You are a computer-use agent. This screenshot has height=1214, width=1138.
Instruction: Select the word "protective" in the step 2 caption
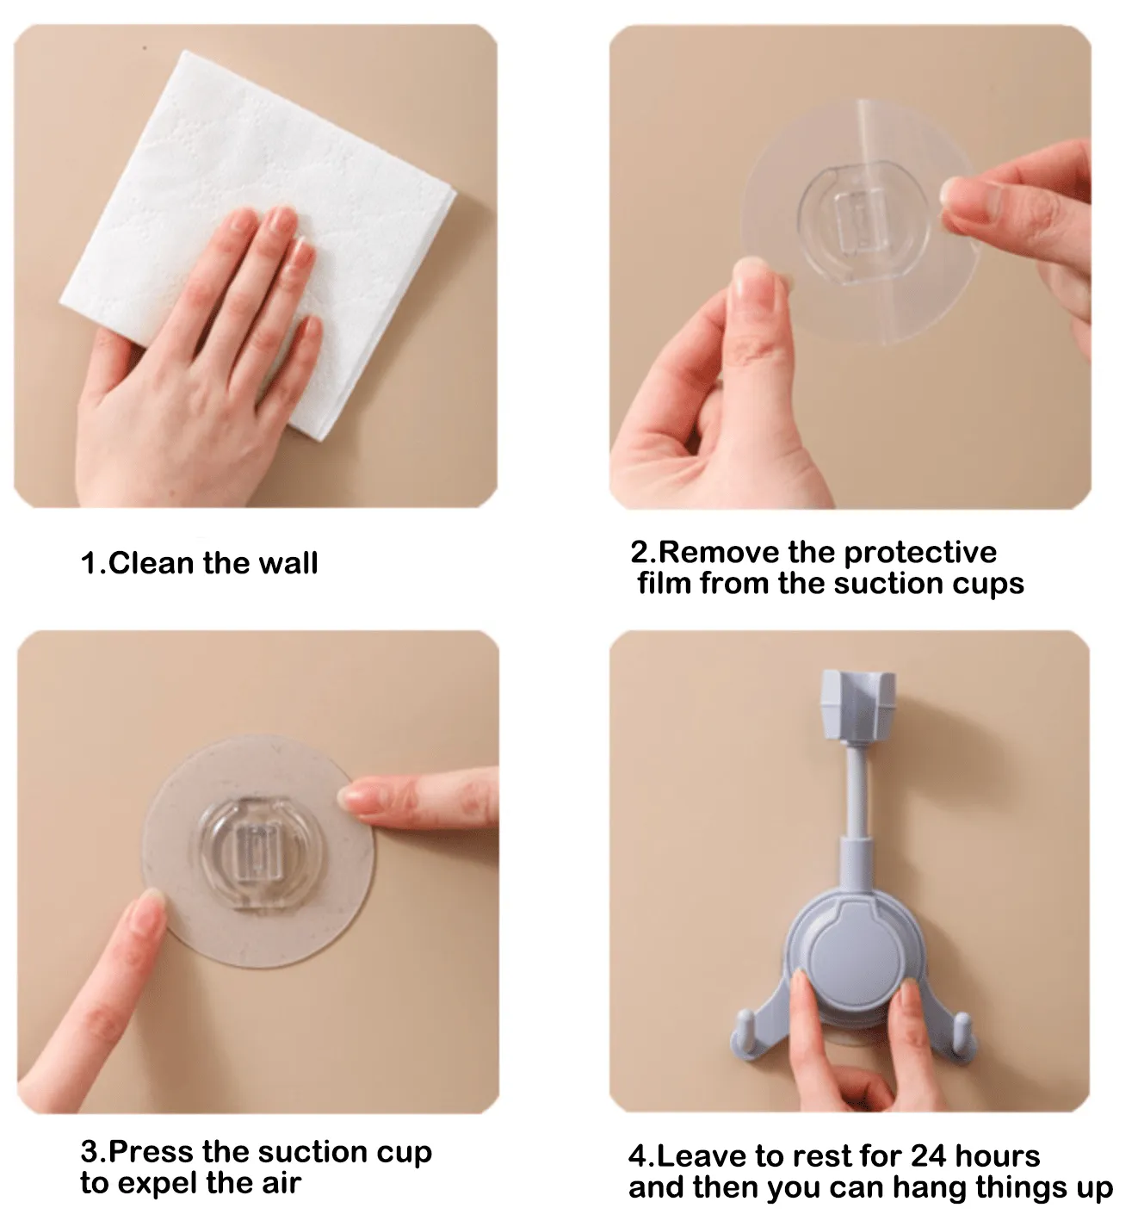tap(920, 554)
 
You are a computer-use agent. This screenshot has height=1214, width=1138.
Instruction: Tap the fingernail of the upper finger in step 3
tap(351, 796)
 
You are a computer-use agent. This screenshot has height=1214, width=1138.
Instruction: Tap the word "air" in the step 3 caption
tap(282, 1184)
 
